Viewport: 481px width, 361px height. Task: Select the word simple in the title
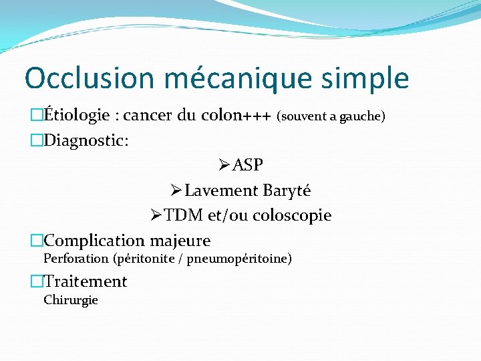(365, 78)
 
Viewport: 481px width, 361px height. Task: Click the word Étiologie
(77, 116)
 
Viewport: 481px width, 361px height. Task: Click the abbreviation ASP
(249, 165)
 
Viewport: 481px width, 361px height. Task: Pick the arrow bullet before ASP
(224, 165)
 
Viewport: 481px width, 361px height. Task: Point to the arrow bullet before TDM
(156, 215)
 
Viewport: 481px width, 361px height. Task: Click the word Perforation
(75, 258)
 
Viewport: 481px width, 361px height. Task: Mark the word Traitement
(85, 281)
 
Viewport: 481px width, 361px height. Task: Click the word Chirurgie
(71, 300)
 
